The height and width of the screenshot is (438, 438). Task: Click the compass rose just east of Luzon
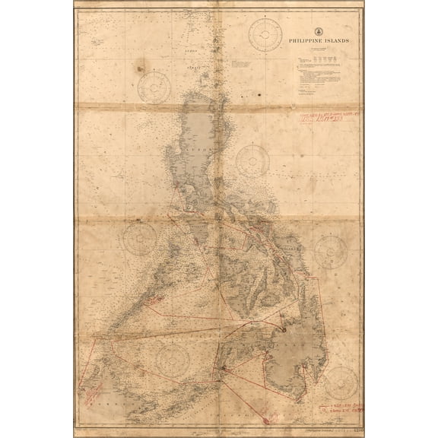[252, 160]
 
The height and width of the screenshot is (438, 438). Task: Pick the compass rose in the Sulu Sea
[174, 357]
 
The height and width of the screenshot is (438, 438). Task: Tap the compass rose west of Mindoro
[140, 237]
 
